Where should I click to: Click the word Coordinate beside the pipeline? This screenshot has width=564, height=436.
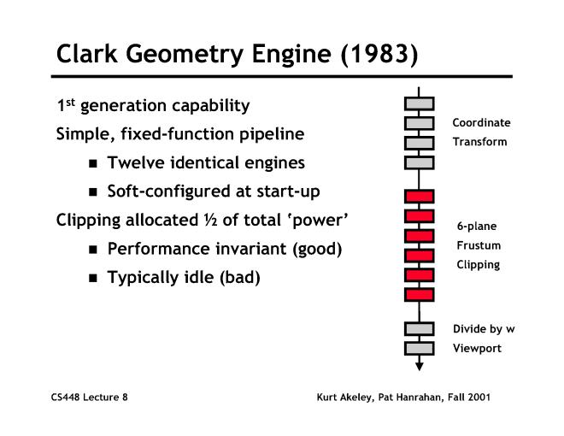[481, 122]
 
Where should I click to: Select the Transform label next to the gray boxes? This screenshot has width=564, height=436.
[479, 142]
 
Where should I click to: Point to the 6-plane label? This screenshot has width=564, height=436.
[477, 227]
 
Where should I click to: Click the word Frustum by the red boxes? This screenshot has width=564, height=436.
[478, 245]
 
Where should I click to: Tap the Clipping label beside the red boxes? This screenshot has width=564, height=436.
[478, 265]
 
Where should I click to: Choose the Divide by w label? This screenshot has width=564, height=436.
[484, 329]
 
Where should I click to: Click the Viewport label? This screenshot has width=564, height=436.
[476, 349]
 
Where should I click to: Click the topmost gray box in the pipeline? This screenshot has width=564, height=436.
[419, 103]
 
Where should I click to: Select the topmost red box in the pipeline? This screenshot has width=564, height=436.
[419, 196]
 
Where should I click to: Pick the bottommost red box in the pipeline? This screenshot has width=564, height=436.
[419, 295]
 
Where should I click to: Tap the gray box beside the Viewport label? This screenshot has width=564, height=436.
[419, 348]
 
